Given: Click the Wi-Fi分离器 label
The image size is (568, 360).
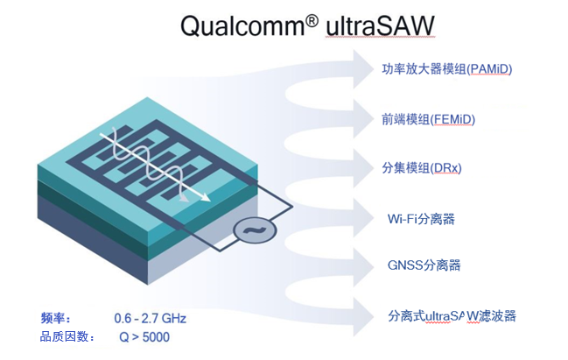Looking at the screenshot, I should [422, 217].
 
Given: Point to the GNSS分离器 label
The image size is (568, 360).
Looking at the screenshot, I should [424, 265].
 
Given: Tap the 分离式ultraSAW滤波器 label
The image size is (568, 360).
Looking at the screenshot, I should [458, 315].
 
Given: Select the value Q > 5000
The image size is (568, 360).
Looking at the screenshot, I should [144, 336].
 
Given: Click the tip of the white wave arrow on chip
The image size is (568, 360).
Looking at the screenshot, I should [209, 199].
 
